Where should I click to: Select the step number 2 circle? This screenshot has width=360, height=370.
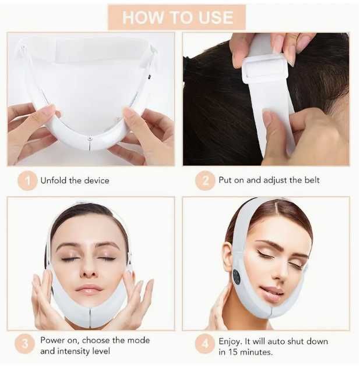tap(205, 180)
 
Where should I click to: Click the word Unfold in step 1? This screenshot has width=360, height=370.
tap(54, 180)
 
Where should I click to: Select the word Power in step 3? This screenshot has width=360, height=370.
tap(53, 340)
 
